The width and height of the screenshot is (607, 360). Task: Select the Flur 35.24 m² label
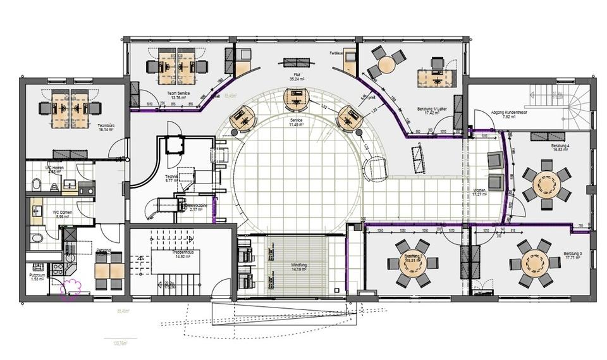(297, 77)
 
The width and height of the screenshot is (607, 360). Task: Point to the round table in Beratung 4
(545, 183)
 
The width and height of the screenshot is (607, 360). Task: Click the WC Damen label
(61, 214)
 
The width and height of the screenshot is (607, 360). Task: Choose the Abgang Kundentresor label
(510, 115)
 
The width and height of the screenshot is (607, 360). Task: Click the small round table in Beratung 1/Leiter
(384, 63)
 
